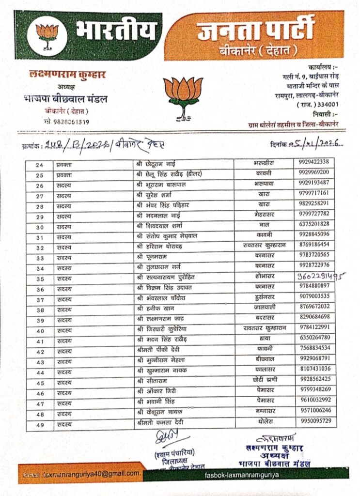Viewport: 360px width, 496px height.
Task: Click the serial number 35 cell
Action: pos(40,279)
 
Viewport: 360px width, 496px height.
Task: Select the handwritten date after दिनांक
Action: pos(313,143)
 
